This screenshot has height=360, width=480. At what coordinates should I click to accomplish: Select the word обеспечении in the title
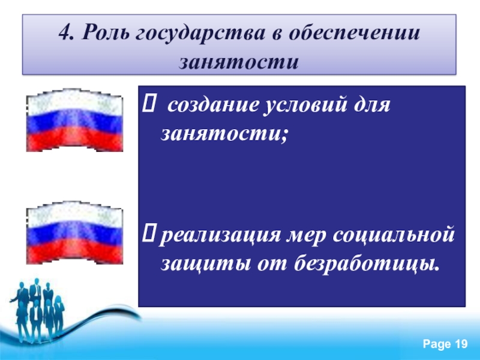(x=354, y=32)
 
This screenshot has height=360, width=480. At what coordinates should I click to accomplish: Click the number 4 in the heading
(x=66, y=32)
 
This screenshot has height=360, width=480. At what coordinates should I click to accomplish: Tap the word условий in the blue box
(x=306, y=106)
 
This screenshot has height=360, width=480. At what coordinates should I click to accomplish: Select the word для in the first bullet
(x=372, y=106)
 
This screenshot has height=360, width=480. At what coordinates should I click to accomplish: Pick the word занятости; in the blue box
(x=224, y=134)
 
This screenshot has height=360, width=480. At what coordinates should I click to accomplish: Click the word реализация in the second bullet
(x=220, y=236)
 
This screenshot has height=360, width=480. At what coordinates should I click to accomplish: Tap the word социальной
(x=392, y=235)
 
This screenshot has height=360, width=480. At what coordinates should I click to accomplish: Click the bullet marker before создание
(x=149, y=103)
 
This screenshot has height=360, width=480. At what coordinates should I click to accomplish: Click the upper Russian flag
(x=74, y=120)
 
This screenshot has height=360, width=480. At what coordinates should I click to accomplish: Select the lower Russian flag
(x=74, y=233)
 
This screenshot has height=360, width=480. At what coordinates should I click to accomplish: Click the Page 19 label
(x=445, y=344)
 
